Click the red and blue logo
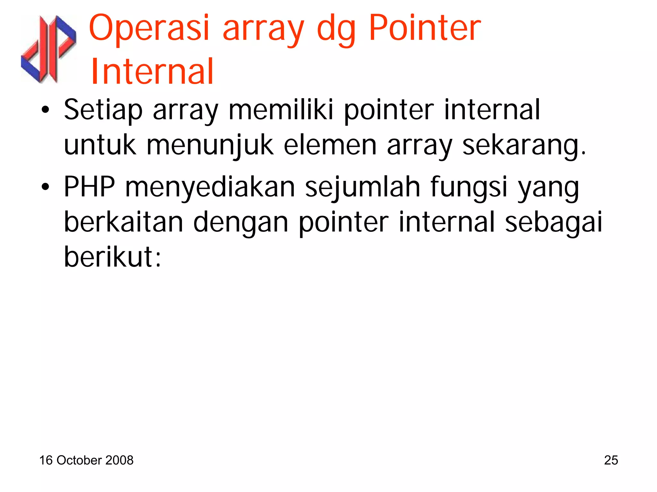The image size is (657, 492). coord(49,49)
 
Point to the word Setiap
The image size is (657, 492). coord(103,110)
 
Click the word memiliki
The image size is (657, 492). coord(281,110)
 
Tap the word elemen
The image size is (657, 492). coord(330,145)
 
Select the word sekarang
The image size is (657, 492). coord(524,145)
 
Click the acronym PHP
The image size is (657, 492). coord(90,187)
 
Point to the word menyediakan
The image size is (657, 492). coord(210,187)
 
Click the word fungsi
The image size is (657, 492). coord(469,187)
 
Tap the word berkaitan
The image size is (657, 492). coord(124,222)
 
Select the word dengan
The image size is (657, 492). coord(241,223)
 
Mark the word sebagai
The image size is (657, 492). coord(553,223)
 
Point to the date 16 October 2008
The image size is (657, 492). coord(86,460)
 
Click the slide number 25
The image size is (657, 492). coord(611,460)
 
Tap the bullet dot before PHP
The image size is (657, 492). coord(46,187)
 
